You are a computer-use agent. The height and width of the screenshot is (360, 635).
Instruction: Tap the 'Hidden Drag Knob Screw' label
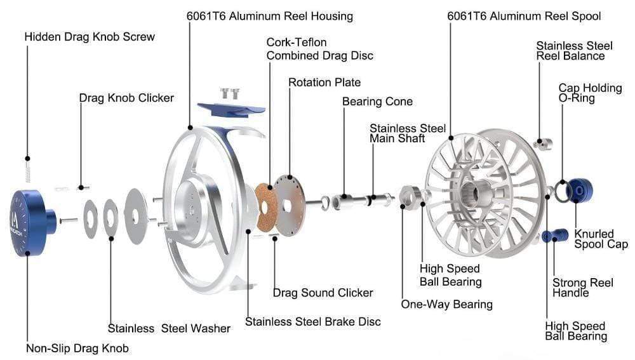coord(90,37)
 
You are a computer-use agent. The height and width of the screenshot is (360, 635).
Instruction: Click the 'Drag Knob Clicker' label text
coord(126,98)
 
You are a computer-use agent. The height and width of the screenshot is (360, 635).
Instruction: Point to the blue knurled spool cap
coord(579,190)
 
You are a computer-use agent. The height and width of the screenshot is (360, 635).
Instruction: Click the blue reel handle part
coord(555,236)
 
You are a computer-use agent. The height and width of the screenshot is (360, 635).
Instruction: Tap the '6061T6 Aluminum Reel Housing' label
coord(270,15)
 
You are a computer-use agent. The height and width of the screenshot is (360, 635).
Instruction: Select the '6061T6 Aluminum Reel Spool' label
coord(524,15)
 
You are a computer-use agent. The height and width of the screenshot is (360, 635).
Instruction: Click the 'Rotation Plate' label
coord(324,83)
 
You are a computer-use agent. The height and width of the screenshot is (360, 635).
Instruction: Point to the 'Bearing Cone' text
coord(377,102)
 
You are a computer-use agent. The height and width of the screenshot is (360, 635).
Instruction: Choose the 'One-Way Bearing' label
coord(446,304)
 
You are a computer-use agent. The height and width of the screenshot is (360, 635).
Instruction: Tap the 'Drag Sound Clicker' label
coord(323,293)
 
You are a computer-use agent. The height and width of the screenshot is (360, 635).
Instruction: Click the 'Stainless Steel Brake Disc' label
coord(313,321)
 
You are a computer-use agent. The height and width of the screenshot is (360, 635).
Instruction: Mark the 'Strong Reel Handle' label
coord(582,288)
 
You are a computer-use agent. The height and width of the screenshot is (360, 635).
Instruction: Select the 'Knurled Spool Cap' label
coord(601,239)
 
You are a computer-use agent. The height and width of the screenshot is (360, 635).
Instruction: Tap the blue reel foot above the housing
coord(231,107)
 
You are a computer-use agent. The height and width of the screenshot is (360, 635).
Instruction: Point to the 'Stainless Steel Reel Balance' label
coord(574,51)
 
